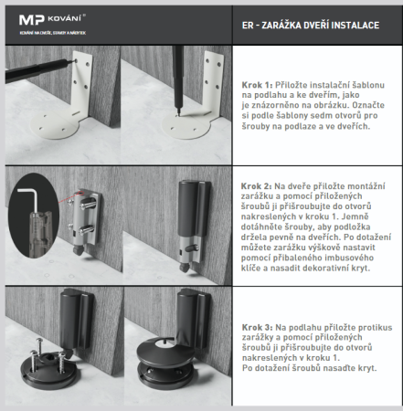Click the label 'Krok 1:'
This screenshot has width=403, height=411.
coord(258,80)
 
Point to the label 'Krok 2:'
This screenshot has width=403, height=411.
coord(258,183)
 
